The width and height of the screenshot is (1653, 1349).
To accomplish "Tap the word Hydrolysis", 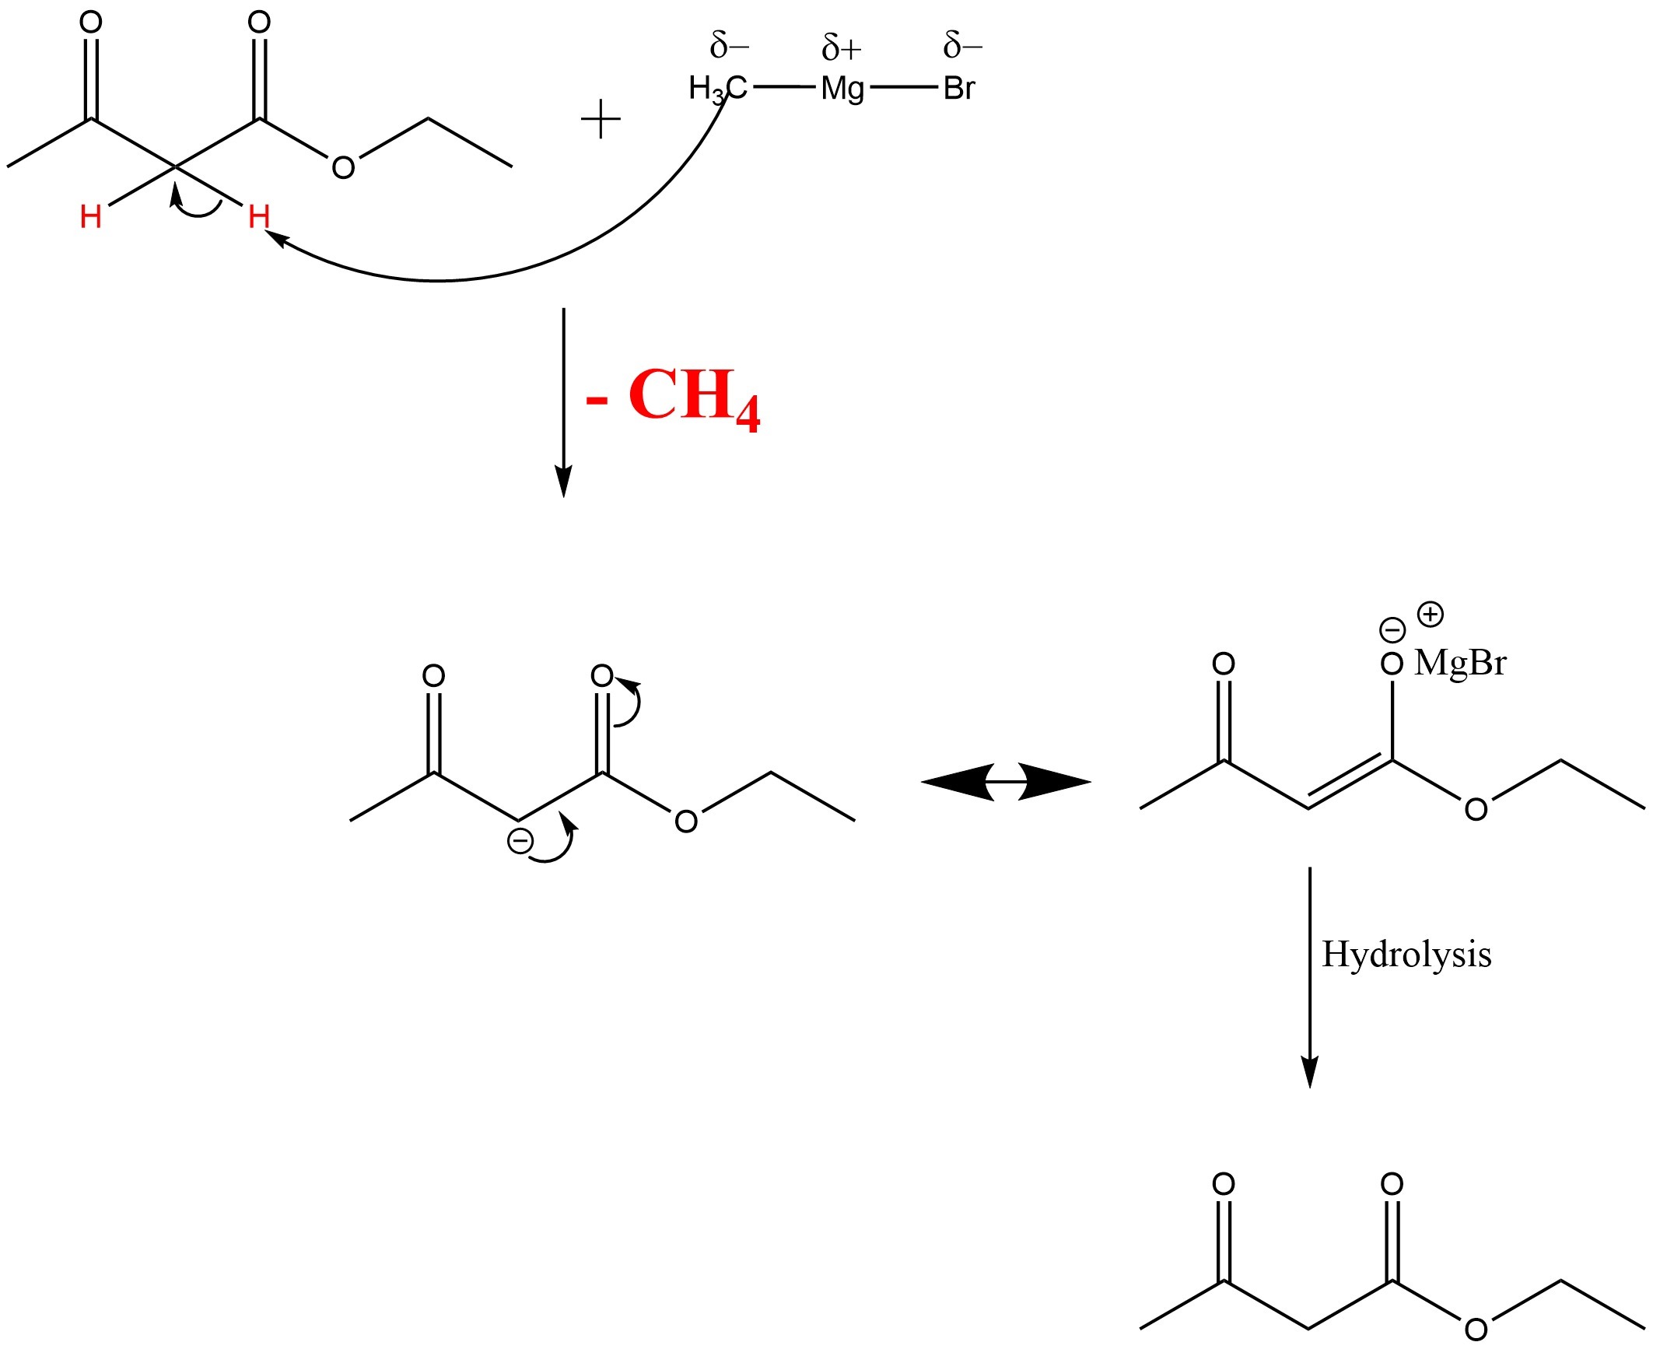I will (1406, 955).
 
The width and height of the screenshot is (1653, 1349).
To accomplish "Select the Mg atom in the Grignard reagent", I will (842, 89).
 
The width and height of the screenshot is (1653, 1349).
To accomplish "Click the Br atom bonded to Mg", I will (958, 89).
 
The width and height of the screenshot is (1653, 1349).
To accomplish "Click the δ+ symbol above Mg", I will (842, 49).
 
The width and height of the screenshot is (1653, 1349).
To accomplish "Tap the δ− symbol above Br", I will (962, 46).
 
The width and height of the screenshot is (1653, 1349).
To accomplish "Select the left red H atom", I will (90, 217).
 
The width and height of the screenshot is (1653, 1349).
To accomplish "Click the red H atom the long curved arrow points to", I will (258, 217).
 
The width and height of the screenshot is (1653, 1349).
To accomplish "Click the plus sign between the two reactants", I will (601, 121).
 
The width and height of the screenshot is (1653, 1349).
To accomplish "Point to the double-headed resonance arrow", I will (1006, 781).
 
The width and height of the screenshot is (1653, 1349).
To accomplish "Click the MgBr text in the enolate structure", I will (1460, 663).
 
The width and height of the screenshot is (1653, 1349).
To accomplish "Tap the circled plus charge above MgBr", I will (1430, 615).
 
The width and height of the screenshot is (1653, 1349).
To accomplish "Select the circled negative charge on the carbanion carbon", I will (520, 840).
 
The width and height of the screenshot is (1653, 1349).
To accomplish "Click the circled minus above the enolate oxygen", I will (1392, 629).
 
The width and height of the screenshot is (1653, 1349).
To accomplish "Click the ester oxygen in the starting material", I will (343, 167).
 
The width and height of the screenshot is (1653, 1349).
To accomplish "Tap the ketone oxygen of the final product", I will (1223, 1185).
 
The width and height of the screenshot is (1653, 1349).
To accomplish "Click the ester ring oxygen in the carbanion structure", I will (685, 822).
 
